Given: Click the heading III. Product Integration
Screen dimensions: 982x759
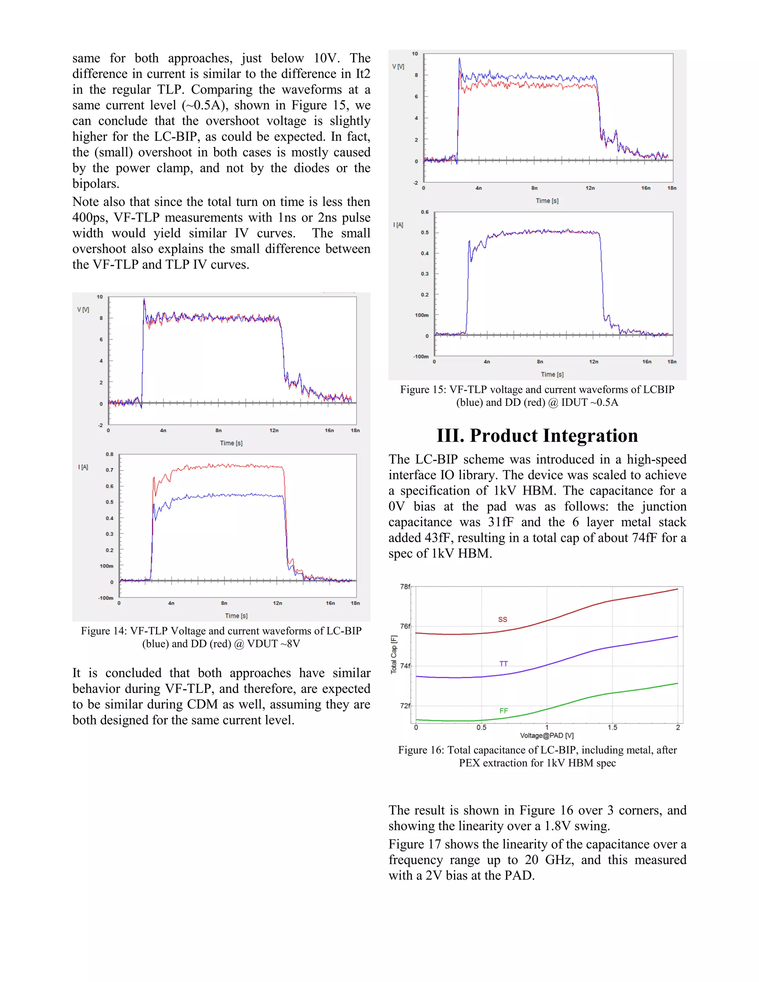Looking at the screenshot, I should pyautogui.click(x=537, y=435).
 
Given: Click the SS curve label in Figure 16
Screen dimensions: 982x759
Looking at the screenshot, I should pyautogui.click(x=502, y=619).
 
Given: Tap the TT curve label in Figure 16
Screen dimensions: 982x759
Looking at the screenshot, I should pyautogui.click(x=503, y=664).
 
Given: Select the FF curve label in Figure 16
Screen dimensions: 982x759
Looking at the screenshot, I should pyautogui.click(x=503, y=711).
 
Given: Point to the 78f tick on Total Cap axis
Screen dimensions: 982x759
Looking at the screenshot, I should pyautogui.click(x=405, y=586).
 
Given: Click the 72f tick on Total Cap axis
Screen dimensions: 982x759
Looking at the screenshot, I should pyautogui.click(x=405, y=706).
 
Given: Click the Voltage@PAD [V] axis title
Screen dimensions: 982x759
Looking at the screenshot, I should pyautogui.click(x=546, y=736).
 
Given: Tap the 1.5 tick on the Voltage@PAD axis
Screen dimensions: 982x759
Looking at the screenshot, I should pyautogui.click(x=612, y=727).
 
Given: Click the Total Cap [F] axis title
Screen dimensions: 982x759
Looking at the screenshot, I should pyautogui.click(x=394, y=654).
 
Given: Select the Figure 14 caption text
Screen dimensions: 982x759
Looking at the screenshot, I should pyautogui.click(x=221, y=637).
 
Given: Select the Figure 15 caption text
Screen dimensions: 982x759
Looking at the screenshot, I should pyautogui.click(x=537, y=396).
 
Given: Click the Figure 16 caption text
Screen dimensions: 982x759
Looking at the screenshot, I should pyautogui.click(x=537, y=756).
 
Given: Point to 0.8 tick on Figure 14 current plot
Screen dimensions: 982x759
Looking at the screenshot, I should pyautogui.click(x=109, y=454).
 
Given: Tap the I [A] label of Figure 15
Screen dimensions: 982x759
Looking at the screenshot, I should pyautogui.click(x=398, y=225).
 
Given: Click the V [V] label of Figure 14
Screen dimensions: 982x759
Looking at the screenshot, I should pyautogui.click(x=83, y=310).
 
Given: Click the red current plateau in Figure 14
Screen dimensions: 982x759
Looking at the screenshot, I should pyautogui.click(x=225, y=466).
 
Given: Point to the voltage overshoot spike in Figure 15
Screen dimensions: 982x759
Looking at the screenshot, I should pyautogui.click(x=459, y=60).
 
